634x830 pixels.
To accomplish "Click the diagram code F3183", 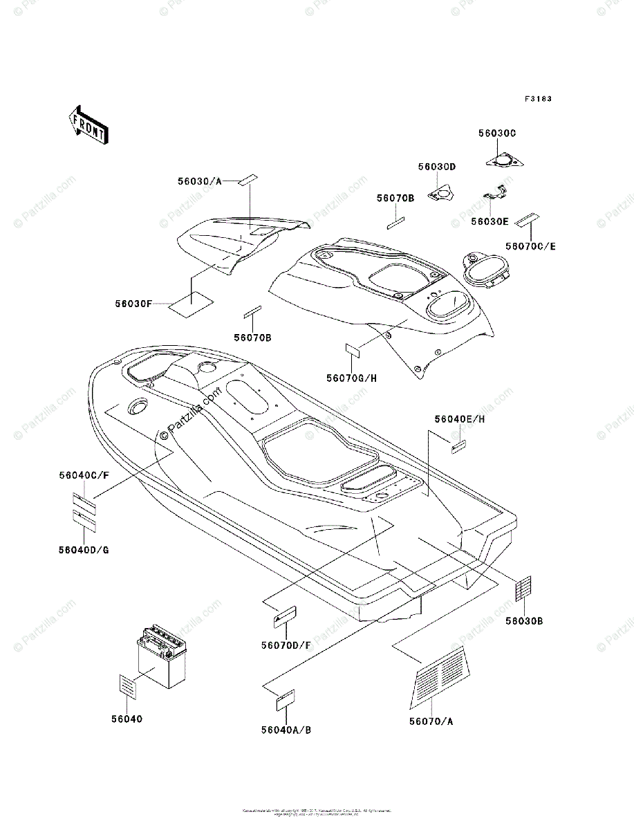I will [x=537, y=99].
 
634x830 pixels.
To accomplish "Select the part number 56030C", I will [x=497, y=133].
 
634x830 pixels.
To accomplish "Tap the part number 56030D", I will [x=437, y=167].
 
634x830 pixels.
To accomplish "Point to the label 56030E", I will [x=490, y=221].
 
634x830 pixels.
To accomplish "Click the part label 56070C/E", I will [x=530, y=246].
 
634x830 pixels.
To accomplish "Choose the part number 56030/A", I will [x=198, y=181].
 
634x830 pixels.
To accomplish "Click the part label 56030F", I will [x=134, y=303].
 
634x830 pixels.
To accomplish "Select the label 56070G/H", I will [x=352, y=378].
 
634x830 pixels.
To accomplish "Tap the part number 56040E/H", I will [x=460, y=419].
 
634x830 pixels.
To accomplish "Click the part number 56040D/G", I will [x=84, y=549].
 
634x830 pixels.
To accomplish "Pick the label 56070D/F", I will [x=286, y=645].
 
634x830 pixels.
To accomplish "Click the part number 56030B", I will [x=523, y=621].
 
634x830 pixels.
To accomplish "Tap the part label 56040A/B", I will [x=286, y=730].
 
